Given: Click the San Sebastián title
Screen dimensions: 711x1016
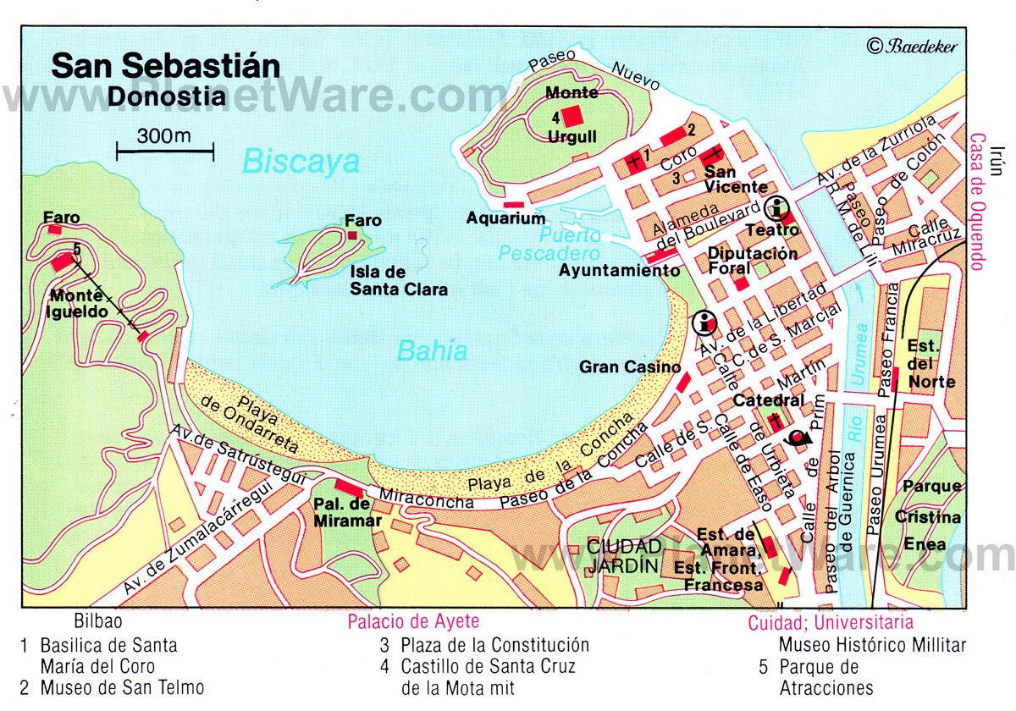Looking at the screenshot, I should [x=165, y=65].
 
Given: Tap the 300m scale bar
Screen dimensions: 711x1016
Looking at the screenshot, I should [x=165, y=152].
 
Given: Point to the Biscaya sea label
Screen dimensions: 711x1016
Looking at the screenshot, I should [x=301, y=162].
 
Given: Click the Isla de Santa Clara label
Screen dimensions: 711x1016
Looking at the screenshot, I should [x=398, y=280].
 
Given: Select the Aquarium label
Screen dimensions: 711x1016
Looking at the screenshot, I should [x=505, y=218].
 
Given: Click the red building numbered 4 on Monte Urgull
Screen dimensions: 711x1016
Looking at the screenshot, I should [x=573, y=116].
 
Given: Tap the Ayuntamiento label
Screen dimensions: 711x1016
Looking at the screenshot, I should [x=619, y=271].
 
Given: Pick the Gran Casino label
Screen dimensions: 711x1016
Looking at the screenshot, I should [x=630, y=367].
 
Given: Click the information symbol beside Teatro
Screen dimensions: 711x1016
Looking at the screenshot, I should [x=775, y=207].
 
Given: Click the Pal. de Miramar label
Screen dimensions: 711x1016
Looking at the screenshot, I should [x=347, y=513].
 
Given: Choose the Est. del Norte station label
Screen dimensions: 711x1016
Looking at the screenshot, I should [x=930, y=364].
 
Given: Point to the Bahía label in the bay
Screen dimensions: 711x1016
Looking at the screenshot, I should [x=432, y=350].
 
